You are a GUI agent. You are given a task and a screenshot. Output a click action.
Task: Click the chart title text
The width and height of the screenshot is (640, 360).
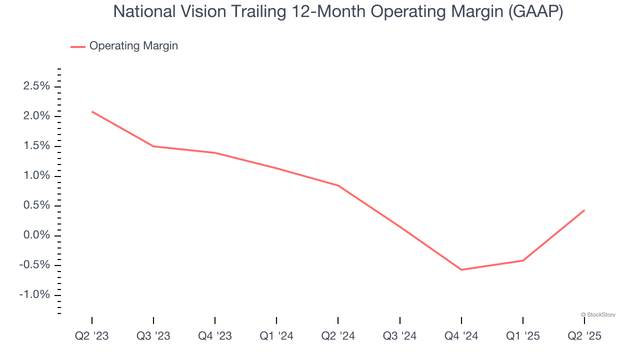click(338, 11)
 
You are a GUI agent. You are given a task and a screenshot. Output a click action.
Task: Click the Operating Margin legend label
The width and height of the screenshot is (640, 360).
click(133, 46)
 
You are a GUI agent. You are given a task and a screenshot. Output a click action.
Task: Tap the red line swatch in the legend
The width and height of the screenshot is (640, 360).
click(78, 46)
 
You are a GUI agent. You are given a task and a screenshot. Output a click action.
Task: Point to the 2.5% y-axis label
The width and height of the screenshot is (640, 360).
click(36, 86)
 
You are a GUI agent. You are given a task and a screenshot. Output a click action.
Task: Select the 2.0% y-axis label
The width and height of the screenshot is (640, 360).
click(36, 116)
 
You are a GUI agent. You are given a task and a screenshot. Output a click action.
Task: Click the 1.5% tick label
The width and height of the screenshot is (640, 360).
click(36, 146)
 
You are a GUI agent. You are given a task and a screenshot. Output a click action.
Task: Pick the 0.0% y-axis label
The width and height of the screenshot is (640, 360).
click(36, 235)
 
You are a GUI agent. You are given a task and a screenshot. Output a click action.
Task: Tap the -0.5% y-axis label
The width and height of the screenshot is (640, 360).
click(34, 265)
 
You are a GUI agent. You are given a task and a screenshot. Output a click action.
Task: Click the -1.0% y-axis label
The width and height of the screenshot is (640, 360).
click(34, 295)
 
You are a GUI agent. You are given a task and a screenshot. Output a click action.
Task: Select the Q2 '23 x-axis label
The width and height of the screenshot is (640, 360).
click(92, 336)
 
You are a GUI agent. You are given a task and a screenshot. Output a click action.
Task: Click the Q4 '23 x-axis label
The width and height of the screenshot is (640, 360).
click(215, 336)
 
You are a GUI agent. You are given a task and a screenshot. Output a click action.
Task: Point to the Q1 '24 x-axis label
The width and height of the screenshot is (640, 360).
click(276, 336)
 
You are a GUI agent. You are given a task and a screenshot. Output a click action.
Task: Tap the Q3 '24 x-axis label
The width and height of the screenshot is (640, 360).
click(399, 336)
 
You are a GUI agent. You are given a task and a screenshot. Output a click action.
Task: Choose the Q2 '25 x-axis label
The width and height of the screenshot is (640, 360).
click(584, 336)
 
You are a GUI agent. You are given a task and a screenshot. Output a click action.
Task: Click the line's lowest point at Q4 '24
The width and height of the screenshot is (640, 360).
click(461, 269)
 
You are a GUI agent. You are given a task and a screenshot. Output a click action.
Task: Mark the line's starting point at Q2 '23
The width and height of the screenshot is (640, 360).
click(92, 111)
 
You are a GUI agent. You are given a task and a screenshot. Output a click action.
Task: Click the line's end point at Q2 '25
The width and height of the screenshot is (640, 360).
click(584, 210)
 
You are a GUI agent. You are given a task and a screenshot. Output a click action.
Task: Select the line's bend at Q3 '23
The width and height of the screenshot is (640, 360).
click(153, 146)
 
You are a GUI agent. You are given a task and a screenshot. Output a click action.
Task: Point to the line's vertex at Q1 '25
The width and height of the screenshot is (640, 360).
click(522, 260)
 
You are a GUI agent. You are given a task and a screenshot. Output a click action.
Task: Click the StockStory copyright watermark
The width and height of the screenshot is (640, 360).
click(598, 314)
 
